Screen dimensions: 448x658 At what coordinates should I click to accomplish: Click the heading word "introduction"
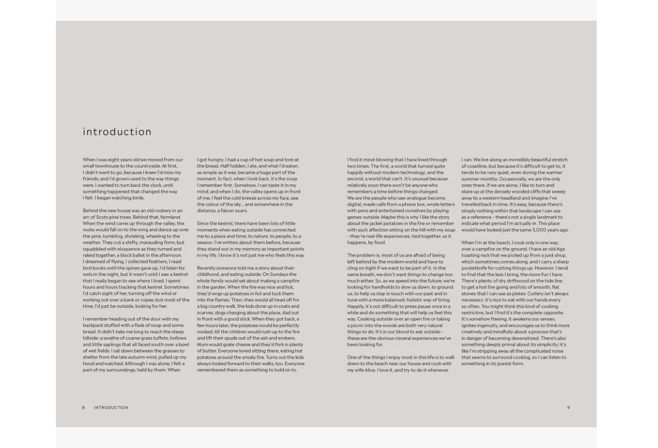pyautogui.click(x=117, y=132)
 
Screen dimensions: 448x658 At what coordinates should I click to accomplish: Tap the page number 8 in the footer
pyautogui.click(x=84, y=407)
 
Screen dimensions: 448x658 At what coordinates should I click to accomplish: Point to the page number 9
pyautogui.click(x=568, y=407)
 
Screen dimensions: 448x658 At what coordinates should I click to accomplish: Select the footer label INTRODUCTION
pyautogui.click(x=111, y=407)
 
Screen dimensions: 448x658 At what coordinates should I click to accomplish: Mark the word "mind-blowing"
pyautogui.click(x=373, y=160)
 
